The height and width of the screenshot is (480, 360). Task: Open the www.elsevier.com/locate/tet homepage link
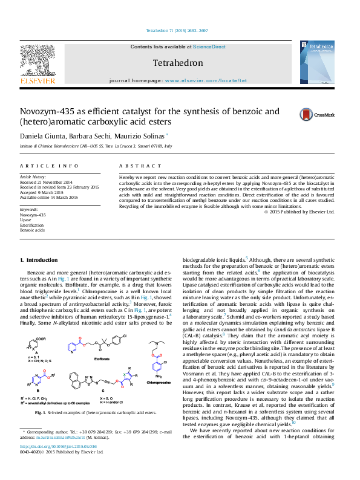[206, 80]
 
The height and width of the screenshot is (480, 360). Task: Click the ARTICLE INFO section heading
[49, 166]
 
